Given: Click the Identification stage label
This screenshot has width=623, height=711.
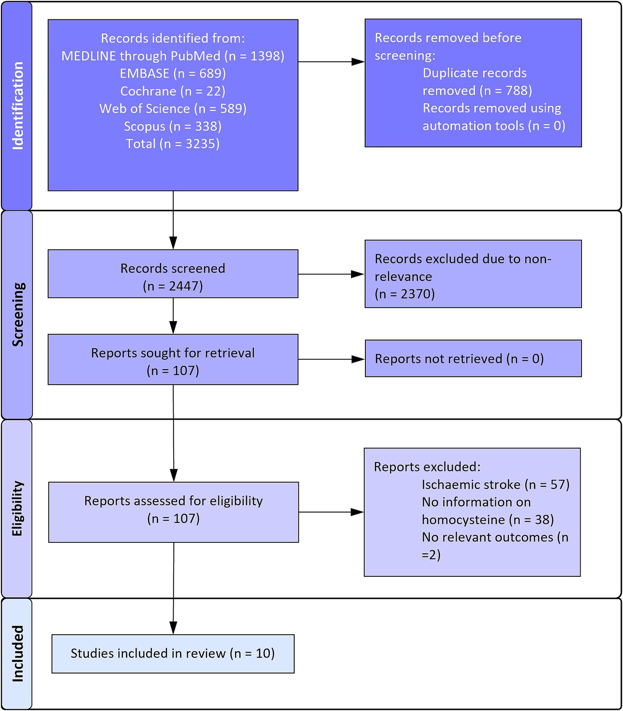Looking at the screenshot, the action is (18, 106).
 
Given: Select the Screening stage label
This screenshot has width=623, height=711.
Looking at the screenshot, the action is (18, 314).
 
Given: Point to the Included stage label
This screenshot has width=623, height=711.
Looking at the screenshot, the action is (18, 653).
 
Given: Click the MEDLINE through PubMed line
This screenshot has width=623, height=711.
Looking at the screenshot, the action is (173, 56).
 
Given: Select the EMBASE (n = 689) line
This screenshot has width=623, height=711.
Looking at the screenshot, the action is (173, 73).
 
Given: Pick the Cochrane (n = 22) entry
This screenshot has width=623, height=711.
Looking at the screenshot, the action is (173, 91).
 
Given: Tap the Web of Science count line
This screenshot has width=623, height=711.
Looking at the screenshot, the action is (173, 108).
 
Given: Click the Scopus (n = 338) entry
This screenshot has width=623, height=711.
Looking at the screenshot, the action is (173, 126).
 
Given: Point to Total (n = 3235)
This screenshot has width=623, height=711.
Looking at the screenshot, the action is (173, 143).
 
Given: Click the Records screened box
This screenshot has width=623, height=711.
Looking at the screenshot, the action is (173, 274).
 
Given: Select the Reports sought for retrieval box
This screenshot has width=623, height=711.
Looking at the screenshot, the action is (173, 359).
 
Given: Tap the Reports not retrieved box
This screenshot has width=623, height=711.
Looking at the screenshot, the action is (473, 358).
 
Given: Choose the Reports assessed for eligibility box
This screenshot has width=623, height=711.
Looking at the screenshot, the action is (173, 512).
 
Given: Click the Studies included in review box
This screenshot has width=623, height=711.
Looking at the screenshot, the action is (173, 654).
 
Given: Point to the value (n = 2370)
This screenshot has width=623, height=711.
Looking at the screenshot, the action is (405, 294).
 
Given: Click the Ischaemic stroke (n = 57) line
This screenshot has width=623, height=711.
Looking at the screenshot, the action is (495, 484).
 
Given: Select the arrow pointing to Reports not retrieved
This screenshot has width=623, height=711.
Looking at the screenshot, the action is (332, 359).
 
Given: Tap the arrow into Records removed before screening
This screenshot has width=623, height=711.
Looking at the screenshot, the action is (332, 62).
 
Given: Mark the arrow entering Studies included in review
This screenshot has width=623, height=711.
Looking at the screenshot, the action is (173, 588).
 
